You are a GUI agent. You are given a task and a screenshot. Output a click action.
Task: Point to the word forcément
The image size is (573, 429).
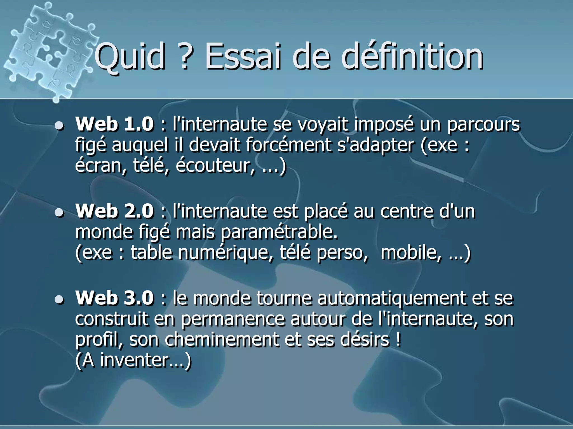[x=288, y=145]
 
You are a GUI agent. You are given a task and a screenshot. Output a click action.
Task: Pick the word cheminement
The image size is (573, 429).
[x=221, y=340]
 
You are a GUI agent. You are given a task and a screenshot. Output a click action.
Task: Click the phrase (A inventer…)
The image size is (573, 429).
[x=133, y=360]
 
